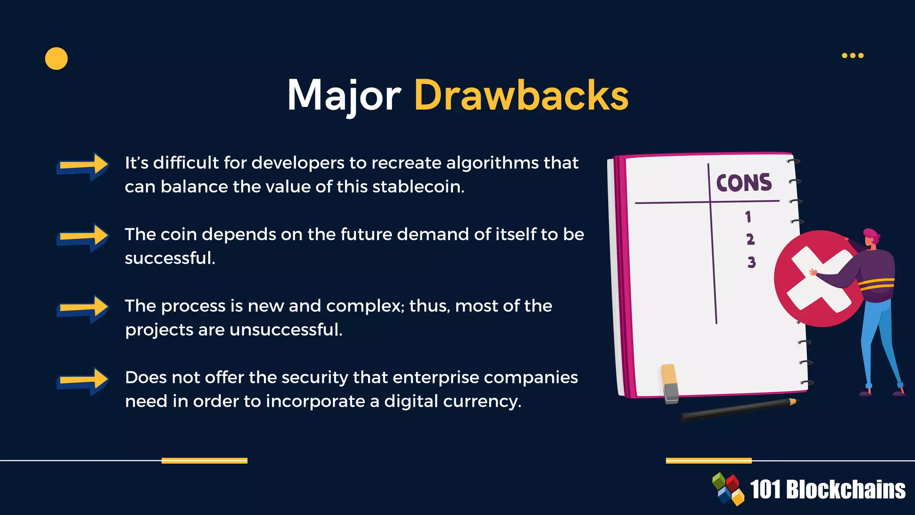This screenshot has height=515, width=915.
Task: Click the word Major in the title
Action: pos(343,95)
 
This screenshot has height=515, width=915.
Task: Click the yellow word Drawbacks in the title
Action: pos(521,95)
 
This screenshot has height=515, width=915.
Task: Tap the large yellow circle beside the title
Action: pos(56,59)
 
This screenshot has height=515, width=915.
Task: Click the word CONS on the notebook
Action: pos(744,183)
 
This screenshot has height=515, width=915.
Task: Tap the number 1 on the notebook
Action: pos(748,217)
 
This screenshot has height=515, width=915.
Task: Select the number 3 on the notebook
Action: pos(751,262)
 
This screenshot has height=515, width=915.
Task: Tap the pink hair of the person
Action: pos(871,234)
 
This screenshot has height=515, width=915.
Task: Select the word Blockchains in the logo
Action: pos(845,490)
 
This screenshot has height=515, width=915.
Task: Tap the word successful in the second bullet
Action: pos(170,258)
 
